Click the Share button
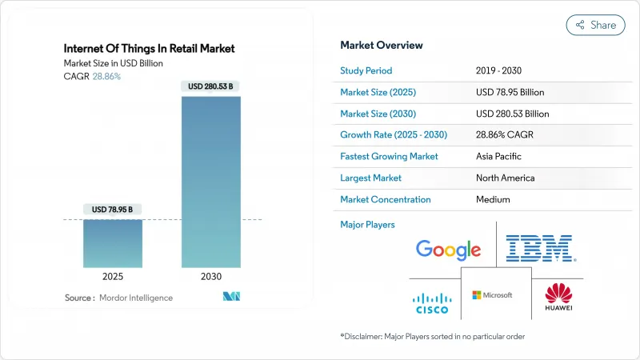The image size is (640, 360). (x=596, y=25)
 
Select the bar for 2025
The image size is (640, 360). (x=113, y=243)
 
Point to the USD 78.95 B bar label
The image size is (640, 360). (x=113, y=210)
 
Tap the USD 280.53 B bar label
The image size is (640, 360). (x=211, y=86)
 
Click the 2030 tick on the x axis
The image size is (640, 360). (x=211, y=276)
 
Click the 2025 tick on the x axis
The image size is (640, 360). (x=113, y=276)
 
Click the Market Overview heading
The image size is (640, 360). (x=382, y=45)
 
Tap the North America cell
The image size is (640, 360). (x=505, y=178)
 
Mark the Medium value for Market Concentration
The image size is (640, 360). (x=492, y=199)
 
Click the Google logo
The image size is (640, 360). (x=448, y=250)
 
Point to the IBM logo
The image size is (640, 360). (x=541, y=249)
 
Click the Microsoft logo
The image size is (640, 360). (x=493, y=295)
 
